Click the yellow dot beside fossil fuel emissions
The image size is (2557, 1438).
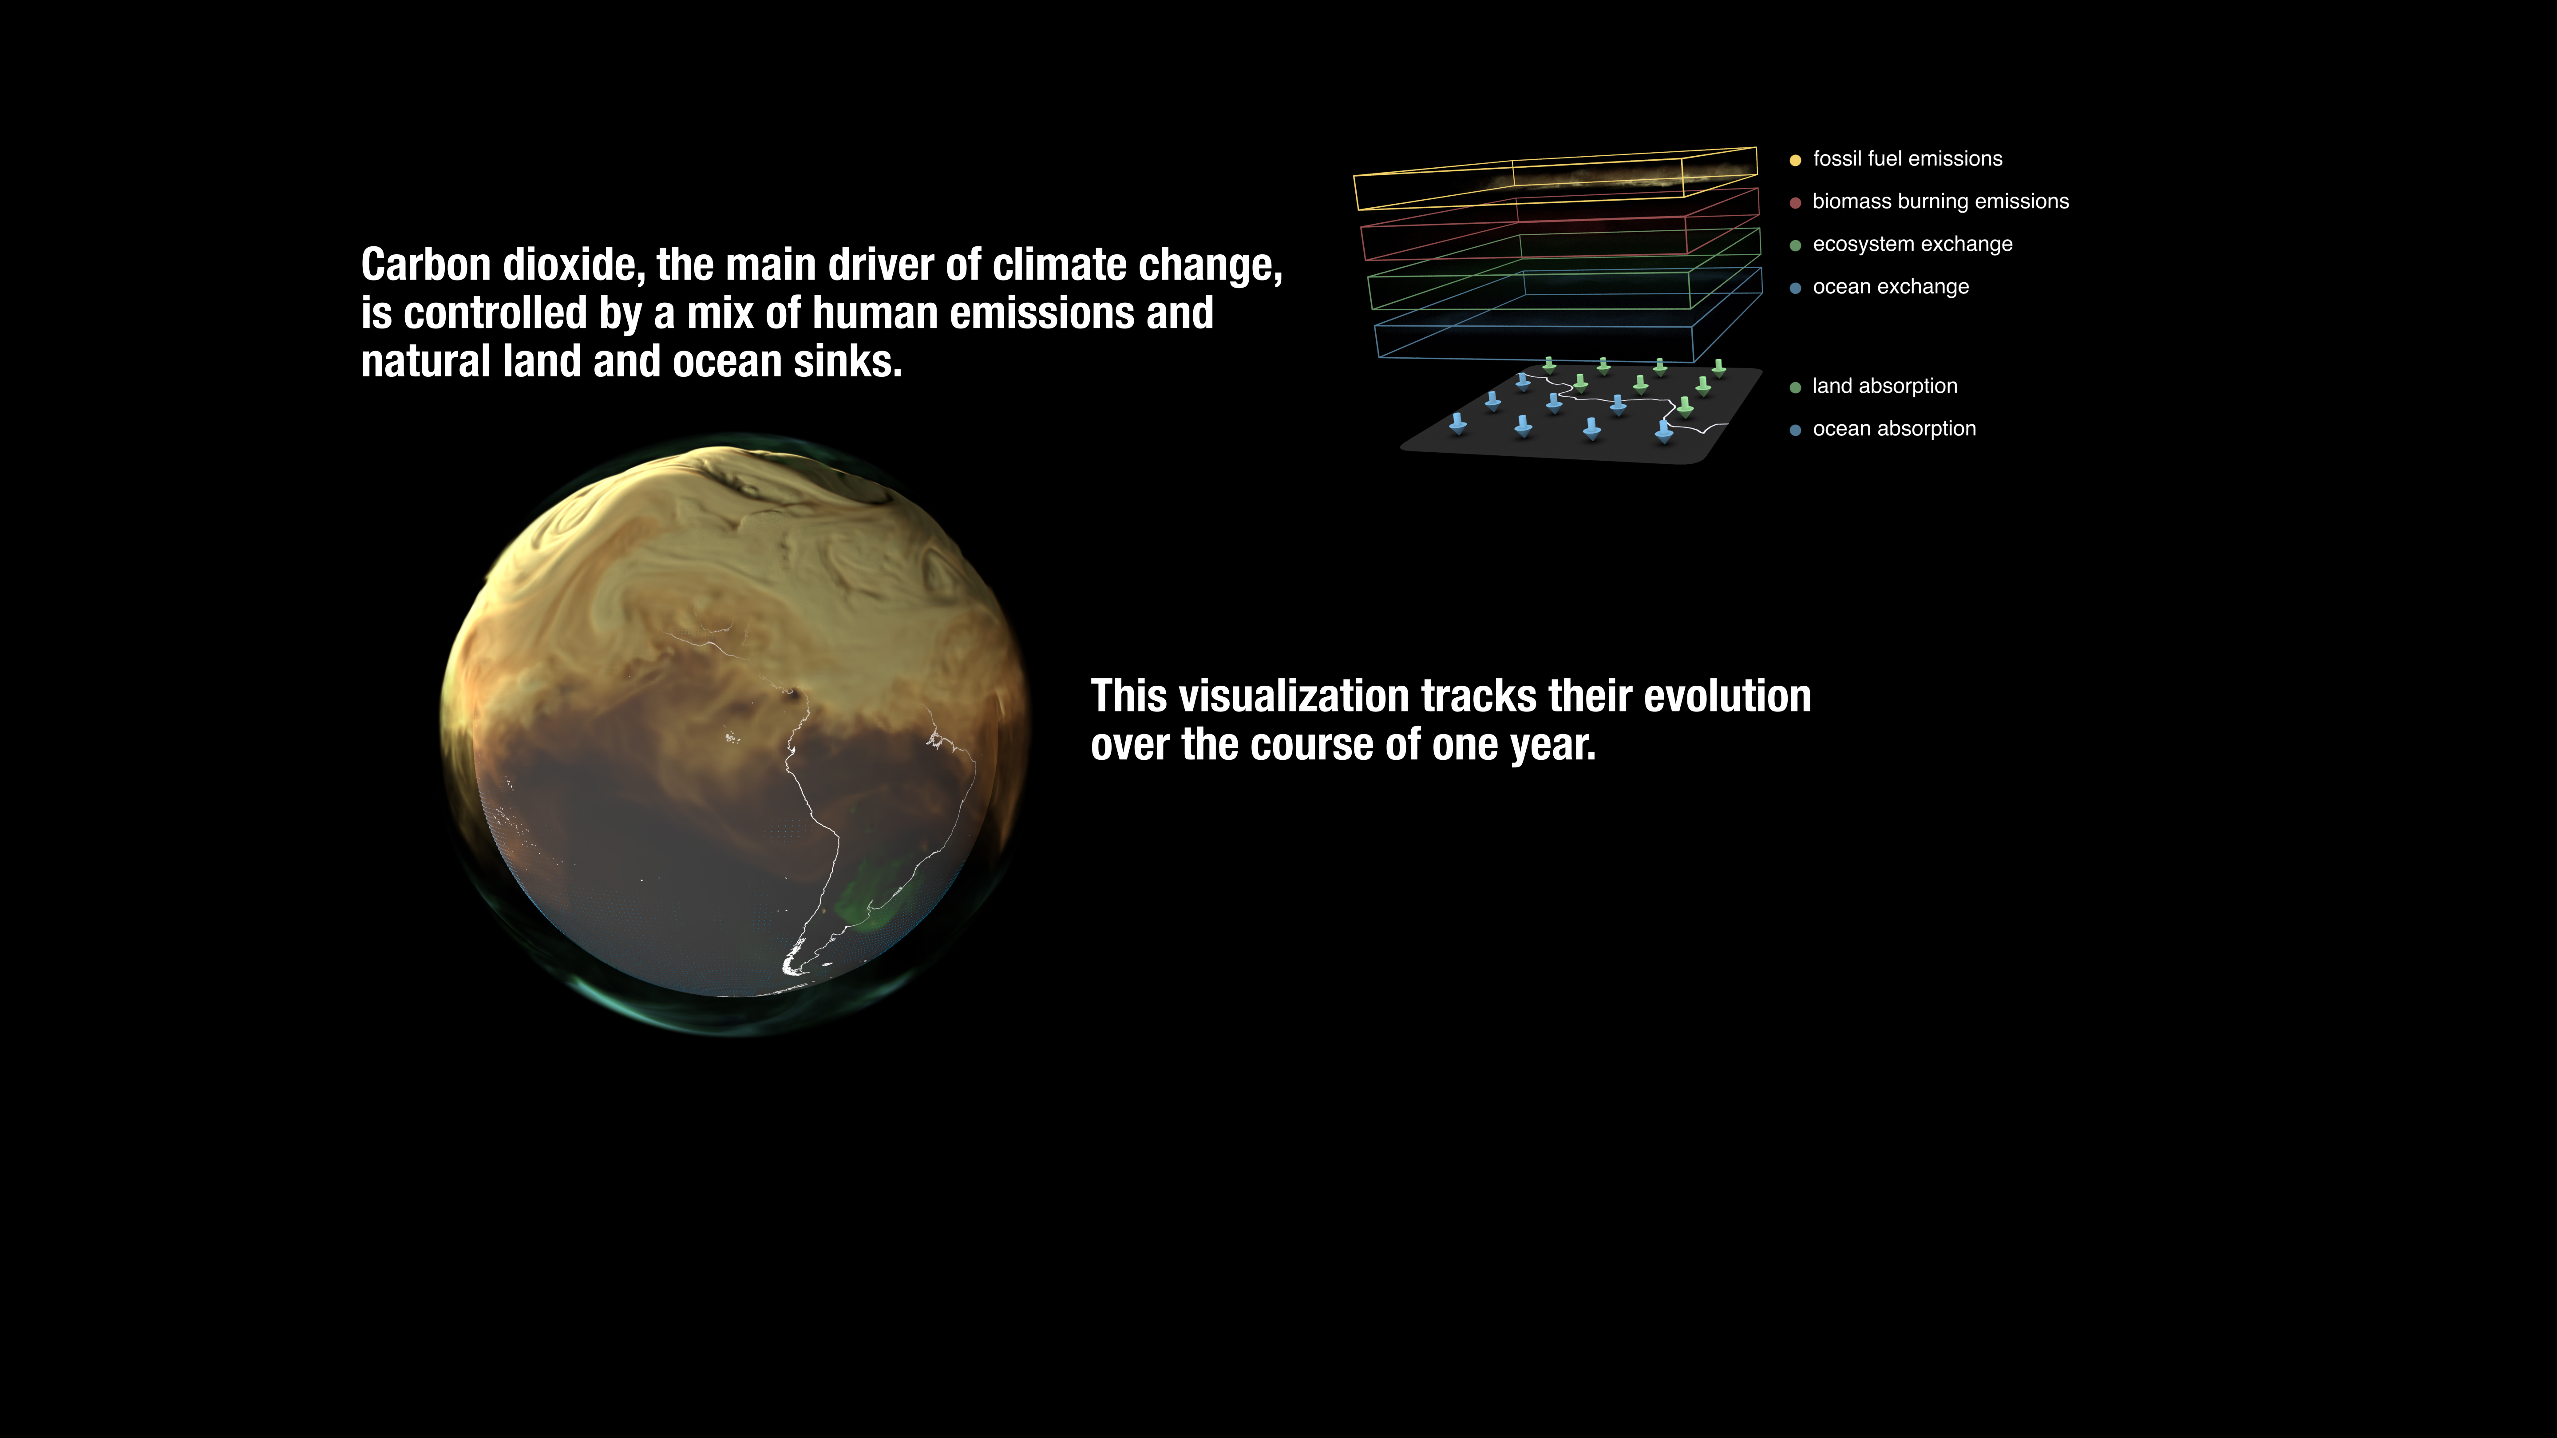coord(1795,160)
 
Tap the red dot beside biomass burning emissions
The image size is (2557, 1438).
coord(1795,202)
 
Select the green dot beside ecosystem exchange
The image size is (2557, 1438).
coord(1795,245)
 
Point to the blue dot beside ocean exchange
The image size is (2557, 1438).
coord(1795,288)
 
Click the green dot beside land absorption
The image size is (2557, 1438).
coord(1795,387)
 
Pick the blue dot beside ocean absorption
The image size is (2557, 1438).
coord(1795,430)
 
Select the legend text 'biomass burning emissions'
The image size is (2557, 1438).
coord(1940,201)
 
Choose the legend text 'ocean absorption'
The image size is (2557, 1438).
coord(1894,429)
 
